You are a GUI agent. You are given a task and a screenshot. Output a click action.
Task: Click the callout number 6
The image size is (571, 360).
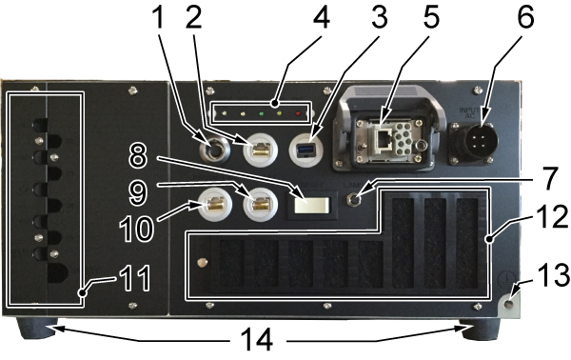pyautogui.click(x=526, y=17)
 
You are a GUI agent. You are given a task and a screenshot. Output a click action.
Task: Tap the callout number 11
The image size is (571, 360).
pyautogui.click(x=135, y=278)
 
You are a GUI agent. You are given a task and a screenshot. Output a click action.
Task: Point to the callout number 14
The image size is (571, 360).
pyautogui.click(x=257, y=340)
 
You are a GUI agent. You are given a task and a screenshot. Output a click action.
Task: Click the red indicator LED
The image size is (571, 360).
pyautogui.click(x=298, y=113)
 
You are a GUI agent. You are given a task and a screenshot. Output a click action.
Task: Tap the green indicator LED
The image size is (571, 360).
pyautogui.click(x=262, y=113)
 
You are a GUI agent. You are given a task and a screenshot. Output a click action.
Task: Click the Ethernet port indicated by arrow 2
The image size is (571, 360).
pyautogui.click(x=261, y=149)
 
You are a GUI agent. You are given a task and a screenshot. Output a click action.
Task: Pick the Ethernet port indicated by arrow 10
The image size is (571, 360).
pyautogui.click(x=215, y=204)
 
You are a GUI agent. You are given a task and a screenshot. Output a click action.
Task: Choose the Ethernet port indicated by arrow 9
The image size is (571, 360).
pyautogui.click(x=261, y=203)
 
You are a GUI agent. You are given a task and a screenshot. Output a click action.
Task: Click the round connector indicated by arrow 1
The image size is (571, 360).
pyautogui.click(x=215, y=150)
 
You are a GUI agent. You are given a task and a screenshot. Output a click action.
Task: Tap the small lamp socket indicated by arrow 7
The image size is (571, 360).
pyautogui.click(x=352, y=199)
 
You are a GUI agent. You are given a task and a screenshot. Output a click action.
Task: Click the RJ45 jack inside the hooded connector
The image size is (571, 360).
pyautogui.click(x=383, y=139)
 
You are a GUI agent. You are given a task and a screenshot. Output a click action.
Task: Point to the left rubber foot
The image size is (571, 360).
pyautogui.click(x=37, y=327)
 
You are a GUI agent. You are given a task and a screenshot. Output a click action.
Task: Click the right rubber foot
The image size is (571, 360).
pyautogui.click(x=480, y=329)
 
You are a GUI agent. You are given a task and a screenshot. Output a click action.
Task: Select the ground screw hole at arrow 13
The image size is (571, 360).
pyautogui.click(x=509, y=303)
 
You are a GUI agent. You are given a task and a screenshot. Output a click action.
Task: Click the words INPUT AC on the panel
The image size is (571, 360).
pyautogui.click(x=469, y=112)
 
